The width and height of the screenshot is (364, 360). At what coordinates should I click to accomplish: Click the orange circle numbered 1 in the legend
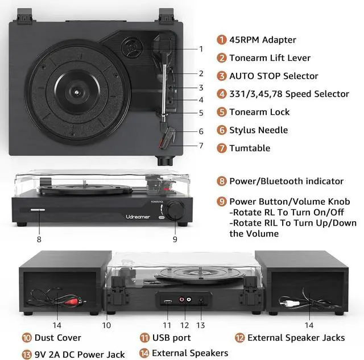tap(221, 40)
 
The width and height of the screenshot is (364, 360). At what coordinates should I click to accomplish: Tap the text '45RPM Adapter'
tap(262, 40)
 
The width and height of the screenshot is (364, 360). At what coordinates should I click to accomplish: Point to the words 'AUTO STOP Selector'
tap(274, 76)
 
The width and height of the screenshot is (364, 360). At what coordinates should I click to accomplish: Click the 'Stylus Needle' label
tap(258, 130)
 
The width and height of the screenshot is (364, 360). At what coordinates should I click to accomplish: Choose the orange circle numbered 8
tap(221, 181)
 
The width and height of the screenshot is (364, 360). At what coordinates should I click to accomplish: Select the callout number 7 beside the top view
tap(201, 146)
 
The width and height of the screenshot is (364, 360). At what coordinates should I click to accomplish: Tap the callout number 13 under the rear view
tap(200, 325)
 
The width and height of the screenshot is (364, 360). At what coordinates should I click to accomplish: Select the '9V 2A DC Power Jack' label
tap(77, 353)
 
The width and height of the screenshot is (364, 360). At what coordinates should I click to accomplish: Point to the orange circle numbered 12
tap(239, 337)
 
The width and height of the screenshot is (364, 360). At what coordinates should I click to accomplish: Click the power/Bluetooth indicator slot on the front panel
tap(39, 210)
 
